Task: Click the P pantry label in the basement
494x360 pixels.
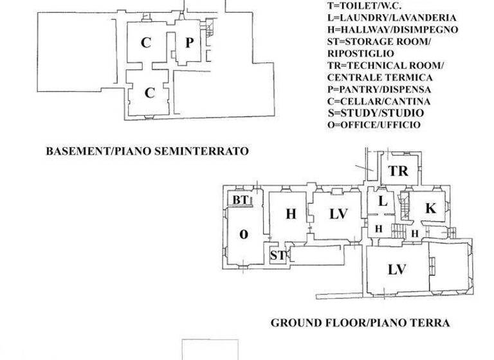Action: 188,43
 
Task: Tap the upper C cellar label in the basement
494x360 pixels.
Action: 146,43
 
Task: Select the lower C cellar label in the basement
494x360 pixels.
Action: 149,93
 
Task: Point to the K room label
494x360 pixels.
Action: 431,208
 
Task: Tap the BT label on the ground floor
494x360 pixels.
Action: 241,201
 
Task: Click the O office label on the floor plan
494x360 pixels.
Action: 244,234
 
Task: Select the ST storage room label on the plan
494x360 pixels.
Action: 278,255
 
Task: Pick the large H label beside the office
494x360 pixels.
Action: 290,215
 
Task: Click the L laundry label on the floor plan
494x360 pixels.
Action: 382,201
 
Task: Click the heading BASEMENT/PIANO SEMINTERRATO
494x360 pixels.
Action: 147,152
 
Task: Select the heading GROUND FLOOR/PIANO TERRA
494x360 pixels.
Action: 360,323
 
